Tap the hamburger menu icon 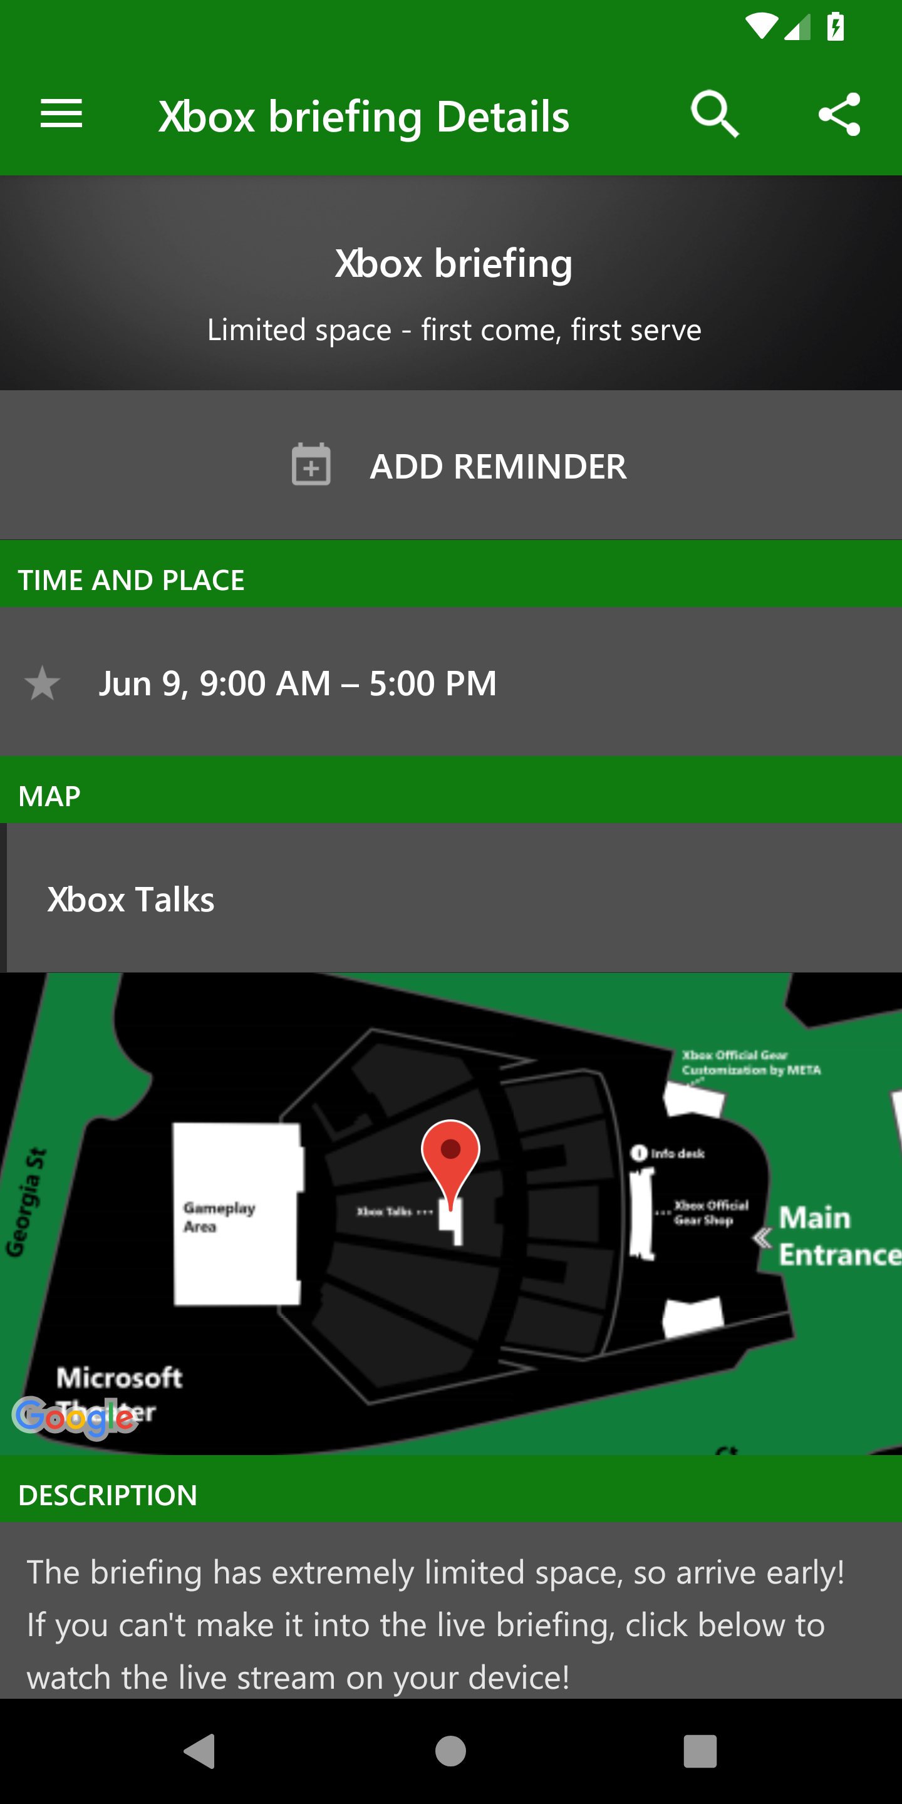tap(61, 113)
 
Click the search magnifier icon tap(714, 113)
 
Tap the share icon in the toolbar tap(839, 114)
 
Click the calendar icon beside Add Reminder tap(311, 465)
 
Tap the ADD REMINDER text tap(498, 467)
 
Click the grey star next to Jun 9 tap(42, 683)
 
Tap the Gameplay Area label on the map tap(219, 1217)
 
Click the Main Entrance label tap(837, 1236)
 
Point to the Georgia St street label tap(26, 1202)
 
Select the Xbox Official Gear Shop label tap(710, 1212)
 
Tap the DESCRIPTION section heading tap(108, 1495)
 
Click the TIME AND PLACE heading tap(132, 580)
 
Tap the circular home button tap(450, 1751)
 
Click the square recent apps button tap(700, 1751)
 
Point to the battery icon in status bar tap(835, 28)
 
